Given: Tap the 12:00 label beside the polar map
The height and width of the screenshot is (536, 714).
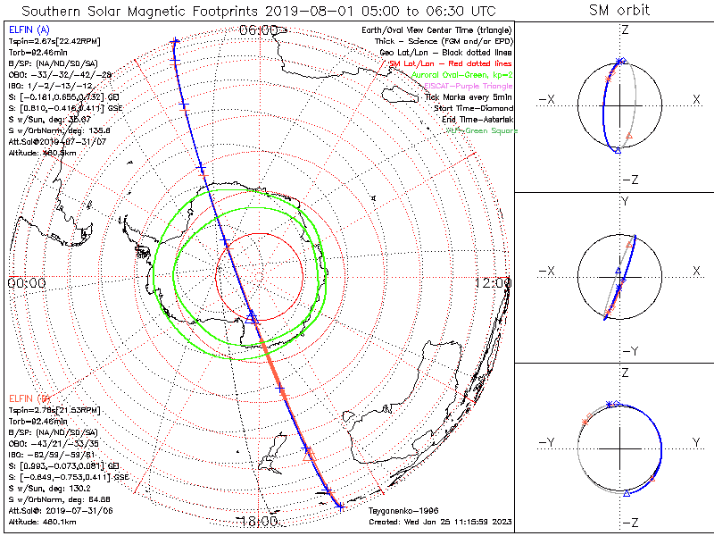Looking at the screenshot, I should click(x=494, y=282).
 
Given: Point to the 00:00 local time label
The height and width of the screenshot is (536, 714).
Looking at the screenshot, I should click(x=27, y=282).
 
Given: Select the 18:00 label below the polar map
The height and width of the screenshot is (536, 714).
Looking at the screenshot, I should click(x=257, y=521).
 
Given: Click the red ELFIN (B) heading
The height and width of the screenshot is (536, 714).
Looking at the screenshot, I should click(x=29, y=398).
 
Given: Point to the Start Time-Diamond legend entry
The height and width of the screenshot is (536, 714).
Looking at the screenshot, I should click(x=473, y=108).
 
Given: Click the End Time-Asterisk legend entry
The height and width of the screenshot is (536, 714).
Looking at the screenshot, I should click(x=473, y=119).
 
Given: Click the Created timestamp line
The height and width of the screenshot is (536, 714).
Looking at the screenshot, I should click(x=440, y=521).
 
